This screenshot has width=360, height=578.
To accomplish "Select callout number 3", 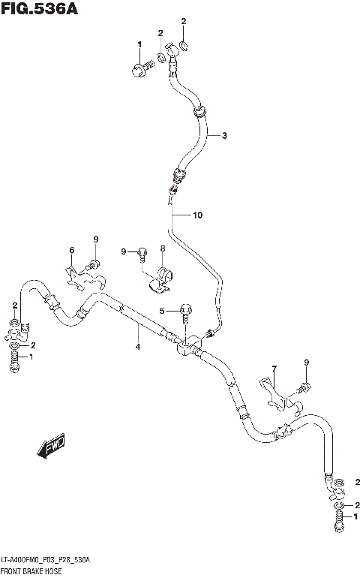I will click(223, 135).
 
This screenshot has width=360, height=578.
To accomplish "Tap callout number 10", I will click(197, 215).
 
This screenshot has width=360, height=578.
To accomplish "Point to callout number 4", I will click(138, 346).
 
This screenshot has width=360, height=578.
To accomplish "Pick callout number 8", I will click(162, 248).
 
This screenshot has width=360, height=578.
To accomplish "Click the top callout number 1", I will click(139, 45).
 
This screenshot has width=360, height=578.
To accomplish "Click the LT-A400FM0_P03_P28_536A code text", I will click(46, 561).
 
